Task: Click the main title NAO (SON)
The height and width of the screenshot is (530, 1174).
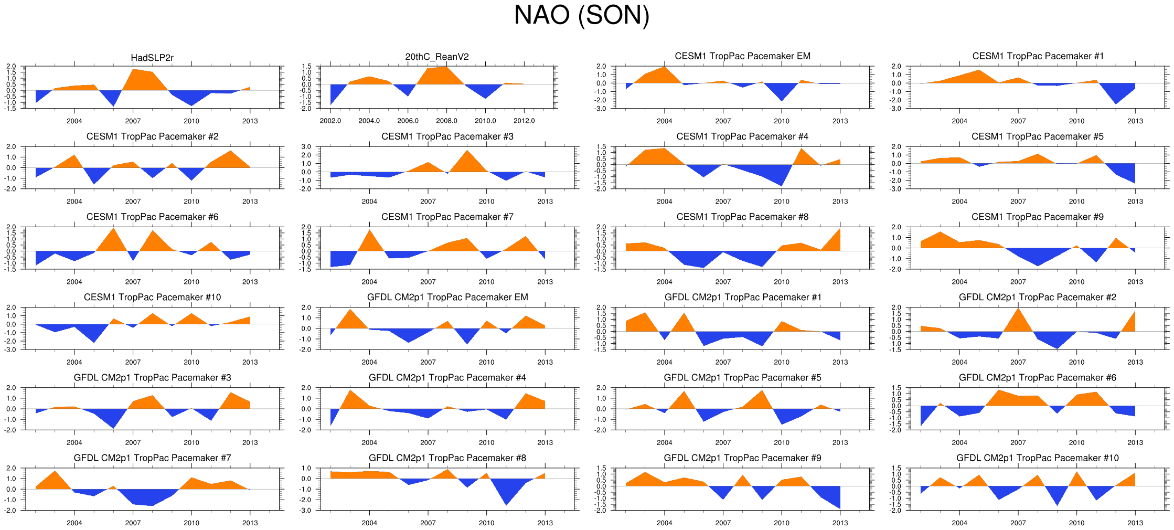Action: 581,15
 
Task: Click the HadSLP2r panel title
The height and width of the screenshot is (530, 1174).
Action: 152,58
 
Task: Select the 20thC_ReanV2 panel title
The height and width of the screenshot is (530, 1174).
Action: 437,57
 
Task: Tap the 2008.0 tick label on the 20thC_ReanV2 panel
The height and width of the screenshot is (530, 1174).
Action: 446,121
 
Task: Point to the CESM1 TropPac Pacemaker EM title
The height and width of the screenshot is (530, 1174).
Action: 742,56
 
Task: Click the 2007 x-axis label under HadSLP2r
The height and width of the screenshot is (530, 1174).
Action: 133,121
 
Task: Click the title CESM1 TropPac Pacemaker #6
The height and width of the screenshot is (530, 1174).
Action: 152,217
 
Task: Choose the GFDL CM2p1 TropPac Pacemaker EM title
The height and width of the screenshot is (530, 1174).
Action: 447,297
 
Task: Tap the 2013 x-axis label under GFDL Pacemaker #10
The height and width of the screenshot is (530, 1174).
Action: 1135,523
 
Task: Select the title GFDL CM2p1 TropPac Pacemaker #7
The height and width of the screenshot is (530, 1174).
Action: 152,458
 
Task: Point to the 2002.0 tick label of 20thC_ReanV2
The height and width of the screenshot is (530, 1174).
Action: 330,121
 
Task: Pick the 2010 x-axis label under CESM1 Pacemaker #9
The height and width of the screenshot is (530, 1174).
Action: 1076,282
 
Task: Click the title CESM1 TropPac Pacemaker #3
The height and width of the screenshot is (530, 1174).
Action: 447,136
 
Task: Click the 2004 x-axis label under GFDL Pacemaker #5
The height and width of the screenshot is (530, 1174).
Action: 664,442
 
